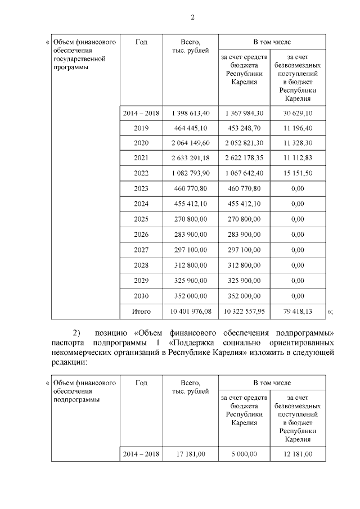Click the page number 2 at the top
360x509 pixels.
coord(192,17)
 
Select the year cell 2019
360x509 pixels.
coord(141,128)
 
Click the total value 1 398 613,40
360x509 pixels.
coord(191,114)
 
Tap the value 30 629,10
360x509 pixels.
coord(298,114)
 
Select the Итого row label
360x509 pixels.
coord(141,310)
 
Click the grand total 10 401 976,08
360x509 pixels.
coord(191,310)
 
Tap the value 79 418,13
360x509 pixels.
coord(298,310)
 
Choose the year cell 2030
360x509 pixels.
coord(141,296)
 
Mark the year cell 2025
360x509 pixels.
coord(141,219)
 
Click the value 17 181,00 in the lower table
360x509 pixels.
coord(191,454)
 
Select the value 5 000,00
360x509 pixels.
coord(244,454)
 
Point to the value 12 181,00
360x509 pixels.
coord(298,454)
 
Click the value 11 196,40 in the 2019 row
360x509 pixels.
coord(298,128)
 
